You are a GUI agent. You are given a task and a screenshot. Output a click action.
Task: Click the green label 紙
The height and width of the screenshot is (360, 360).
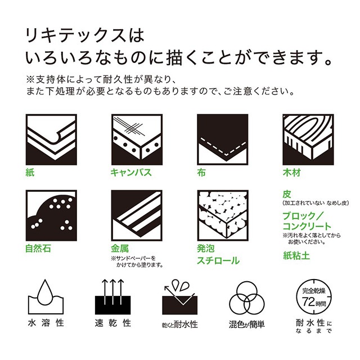31,172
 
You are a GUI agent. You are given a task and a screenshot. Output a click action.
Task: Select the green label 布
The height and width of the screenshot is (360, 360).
201,172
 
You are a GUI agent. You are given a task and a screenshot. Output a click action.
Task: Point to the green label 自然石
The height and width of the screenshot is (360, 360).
38,248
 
